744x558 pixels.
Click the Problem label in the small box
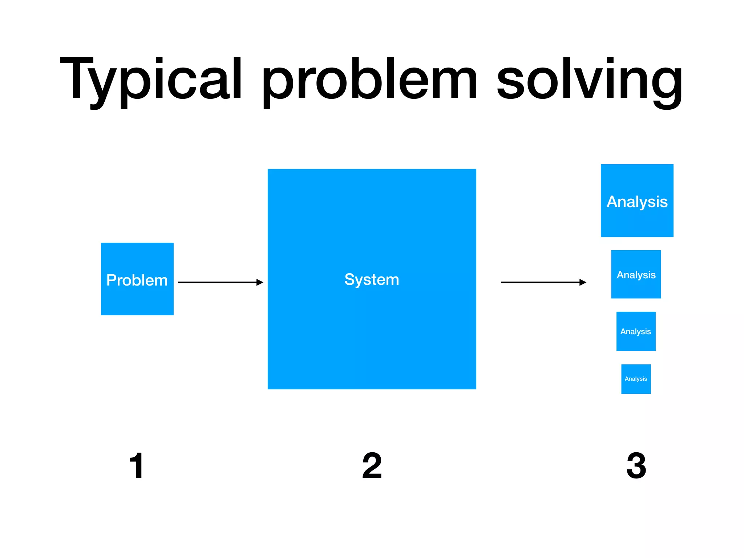(x=137, y=280)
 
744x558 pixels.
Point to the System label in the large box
(x=372, y=279)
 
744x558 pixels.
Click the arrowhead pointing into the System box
(x=260, y=282)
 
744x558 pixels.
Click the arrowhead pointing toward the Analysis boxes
(x=583, y=282)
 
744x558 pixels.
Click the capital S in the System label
(x=349, y=279)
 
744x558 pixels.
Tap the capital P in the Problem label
(x=111, y=280)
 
